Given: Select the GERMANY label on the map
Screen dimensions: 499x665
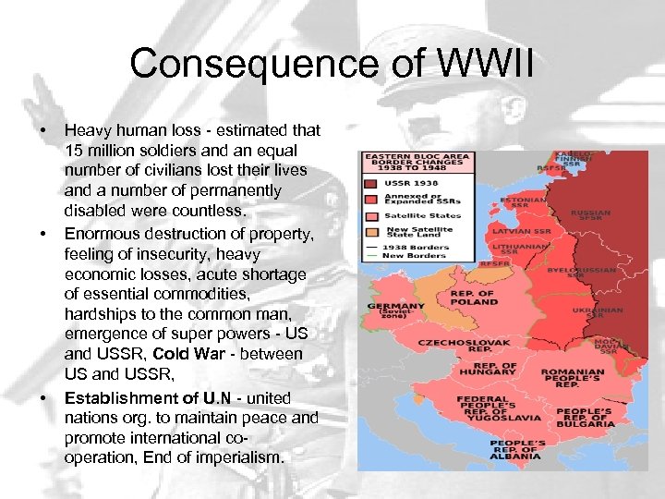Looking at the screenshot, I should [x=395, y=306].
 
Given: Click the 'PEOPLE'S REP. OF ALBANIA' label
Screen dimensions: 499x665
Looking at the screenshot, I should [x=517, y=449].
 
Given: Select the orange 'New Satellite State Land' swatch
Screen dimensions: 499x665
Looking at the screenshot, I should [x=371, y=230].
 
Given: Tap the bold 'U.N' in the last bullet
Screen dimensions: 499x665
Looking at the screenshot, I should [x=218, y=398].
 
